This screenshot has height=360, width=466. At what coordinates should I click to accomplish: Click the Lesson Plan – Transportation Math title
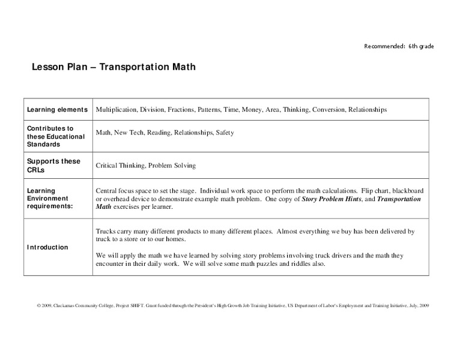coord(113,68)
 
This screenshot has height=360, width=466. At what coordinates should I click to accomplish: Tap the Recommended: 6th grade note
coord(399,46)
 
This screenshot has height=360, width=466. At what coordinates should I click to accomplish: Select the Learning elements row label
coord(58,110)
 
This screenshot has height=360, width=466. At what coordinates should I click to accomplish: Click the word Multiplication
coord(116,110)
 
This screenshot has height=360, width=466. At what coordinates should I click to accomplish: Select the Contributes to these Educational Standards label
coord(56,136)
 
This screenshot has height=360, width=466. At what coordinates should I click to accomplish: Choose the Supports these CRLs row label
coord(53,165)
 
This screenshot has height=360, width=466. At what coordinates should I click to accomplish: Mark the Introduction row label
coord(47,247)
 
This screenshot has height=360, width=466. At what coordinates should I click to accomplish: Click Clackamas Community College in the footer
coord(83,305)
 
